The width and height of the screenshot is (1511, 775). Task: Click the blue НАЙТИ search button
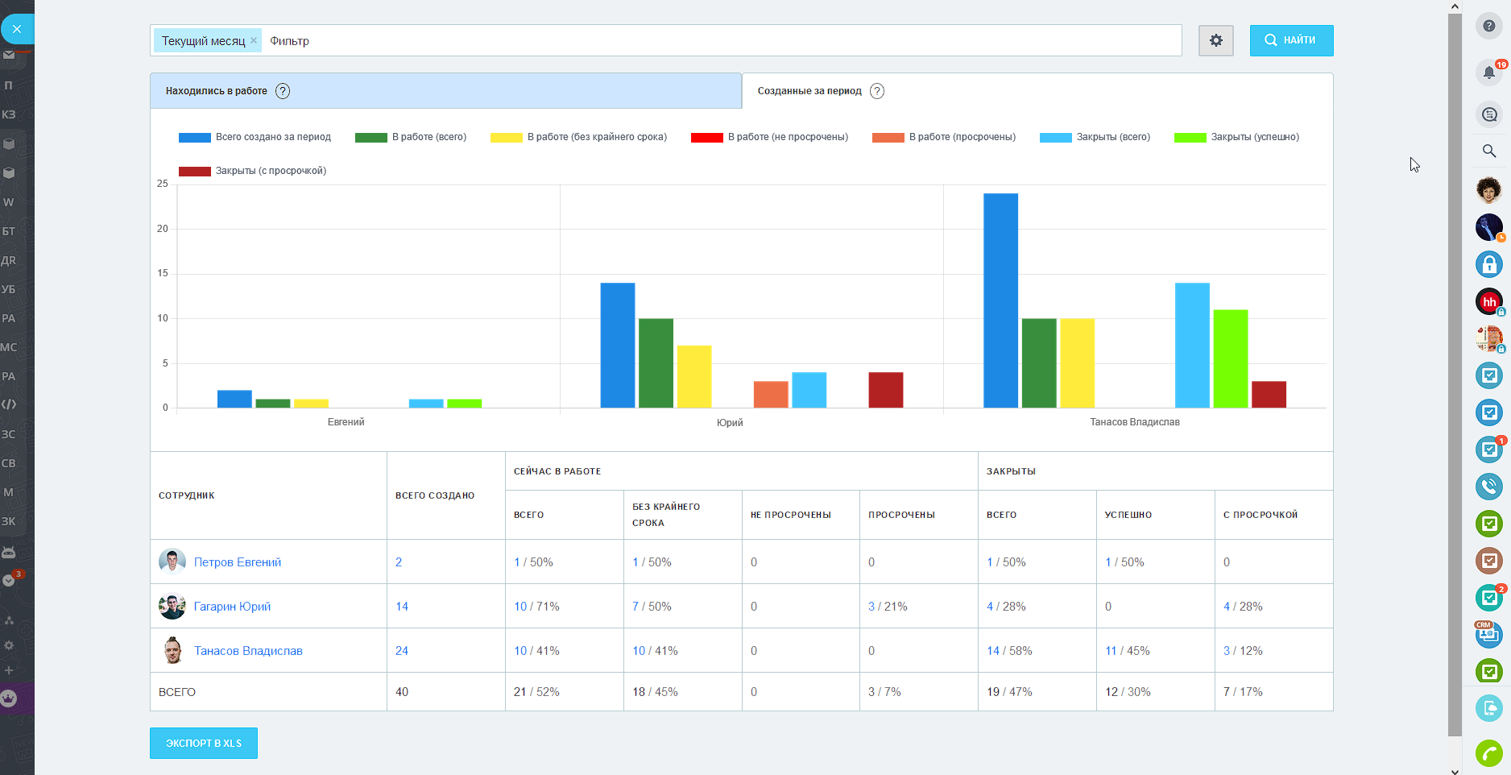click(1290, 40)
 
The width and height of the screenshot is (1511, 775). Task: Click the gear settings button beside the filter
click(1215, 40)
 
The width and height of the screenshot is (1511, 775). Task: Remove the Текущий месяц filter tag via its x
click(254, 40)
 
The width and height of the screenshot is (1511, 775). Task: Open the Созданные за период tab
click(809, 91)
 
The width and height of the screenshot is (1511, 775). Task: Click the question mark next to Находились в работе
click(283, 91)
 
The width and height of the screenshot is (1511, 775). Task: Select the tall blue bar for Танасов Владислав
click(1000, 300)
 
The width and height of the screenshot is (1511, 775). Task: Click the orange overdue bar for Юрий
click(771, 394)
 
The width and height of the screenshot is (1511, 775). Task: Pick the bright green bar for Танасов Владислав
click(1230, 358)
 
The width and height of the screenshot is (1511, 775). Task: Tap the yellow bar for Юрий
click(693, 376)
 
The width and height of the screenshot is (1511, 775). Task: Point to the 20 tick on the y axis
click(163, 229)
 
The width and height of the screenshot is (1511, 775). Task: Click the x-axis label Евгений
click(346, 422)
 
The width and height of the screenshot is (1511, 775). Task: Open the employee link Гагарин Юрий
click(232, 607)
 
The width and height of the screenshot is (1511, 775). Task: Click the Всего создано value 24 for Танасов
click(402, 651)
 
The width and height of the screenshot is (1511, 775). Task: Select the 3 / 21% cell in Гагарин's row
click(888, 607)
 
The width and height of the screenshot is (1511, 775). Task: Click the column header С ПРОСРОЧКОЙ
click(1260, 515)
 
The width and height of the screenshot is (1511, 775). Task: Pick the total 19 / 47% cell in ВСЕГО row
click(1009, 692)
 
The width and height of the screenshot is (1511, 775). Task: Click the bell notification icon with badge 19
click(1488, 73)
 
